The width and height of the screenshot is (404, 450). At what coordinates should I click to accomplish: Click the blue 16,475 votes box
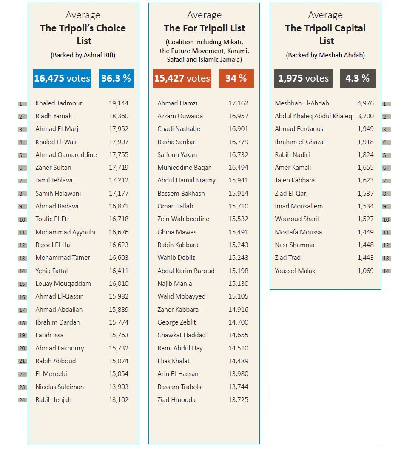[62, 78]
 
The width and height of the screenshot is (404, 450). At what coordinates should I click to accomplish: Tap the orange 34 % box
[236, 78]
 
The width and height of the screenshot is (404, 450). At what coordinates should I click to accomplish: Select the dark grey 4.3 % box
[358, 78]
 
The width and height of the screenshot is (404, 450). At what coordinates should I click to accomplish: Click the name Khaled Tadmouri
[60, 103]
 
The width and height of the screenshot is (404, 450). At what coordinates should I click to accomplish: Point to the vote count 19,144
[119, 103]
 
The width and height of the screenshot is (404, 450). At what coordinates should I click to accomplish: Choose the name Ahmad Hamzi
[177, 103]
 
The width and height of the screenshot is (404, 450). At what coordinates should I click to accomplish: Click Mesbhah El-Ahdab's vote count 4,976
[366, 103]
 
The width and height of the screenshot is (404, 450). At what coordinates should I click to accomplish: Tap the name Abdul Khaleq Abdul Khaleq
[313, 116]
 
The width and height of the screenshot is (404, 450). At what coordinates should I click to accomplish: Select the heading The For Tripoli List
[204, 28]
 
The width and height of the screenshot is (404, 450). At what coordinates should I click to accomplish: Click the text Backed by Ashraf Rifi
[83, 55]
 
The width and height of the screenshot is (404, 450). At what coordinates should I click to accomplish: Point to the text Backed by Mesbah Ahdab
[325, 55]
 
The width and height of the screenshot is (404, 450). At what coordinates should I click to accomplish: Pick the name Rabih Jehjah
[53, 400]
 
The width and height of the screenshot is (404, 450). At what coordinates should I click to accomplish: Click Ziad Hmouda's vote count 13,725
[238, 400]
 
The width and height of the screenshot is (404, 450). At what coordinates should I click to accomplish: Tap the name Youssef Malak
[295, 271]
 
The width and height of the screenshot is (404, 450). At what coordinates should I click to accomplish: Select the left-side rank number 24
[23, 400]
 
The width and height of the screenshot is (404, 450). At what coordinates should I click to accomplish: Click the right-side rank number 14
[387, 271]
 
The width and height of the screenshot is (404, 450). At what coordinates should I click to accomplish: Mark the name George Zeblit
[176, 322]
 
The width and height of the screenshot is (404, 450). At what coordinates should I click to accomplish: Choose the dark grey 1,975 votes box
[303, 78]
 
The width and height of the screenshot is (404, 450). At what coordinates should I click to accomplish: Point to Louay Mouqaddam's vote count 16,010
[119, 284]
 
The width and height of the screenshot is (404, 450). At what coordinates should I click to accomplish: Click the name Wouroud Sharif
[297, 219]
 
